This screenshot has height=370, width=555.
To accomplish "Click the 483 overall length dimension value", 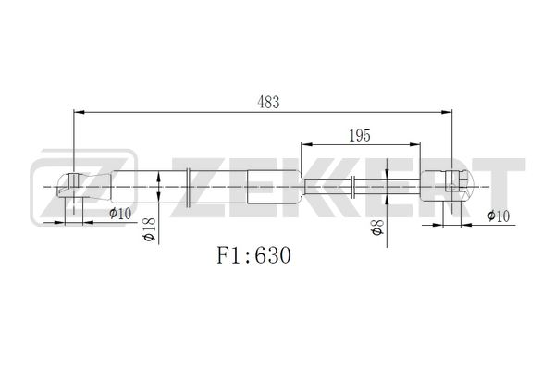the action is pyautogui.click(x=268, y=102).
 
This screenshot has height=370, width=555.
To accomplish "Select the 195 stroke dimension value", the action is pyautogui.click(x=360, y=136).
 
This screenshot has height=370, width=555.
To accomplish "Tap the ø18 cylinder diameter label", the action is pyautogui.click(x=150, y=229).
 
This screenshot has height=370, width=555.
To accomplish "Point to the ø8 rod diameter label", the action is pyautogui.click(x=377, y=228).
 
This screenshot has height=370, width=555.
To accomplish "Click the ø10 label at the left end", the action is pyautogui.click(x=120, y=213).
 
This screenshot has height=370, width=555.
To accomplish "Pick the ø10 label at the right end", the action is pyautogui.click(x=499, y=216).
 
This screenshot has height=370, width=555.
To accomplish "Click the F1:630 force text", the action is pyautogui.click(x=254, y=255).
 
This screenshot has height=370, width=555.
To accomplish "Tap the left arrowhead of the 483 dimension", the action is pyautogui.click(x=79, y=112).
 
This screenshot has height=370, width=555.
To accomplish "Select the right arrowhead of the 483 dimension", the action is pyautogui.click(x=447, y=112).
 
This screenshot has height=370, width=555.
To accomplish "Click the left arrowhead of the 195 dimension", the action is pyautogui.click(x=306, y=144).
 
